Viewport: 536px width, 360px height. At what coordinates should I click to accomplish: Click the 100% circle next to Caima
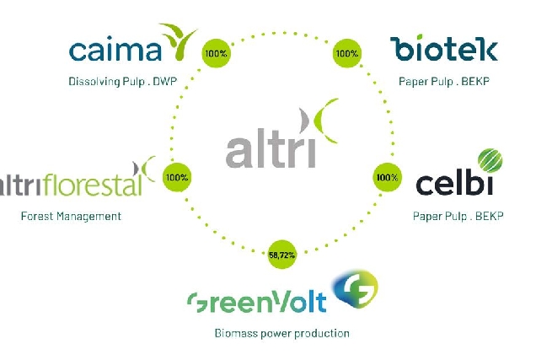(x=216, y=53)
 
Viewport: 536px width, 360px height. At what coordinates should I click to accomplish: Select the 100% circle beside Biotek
(x=346, y=53)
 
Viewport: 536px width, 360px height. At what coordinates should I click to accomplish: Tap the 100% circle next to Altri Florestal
(x=177, y=177)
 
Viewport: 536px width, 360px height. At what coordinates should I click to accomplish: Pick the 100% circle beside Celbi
(x=387, y=177)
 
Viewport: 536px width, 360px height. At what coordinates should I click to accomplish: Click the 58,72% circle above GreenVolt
(x=281, y=255)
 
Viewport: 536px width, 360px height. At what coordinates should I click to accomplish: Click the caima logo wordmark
(x=115, y=49)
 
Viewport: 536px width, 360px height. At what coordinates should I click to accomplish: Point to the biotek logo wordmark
(x=443, y=48)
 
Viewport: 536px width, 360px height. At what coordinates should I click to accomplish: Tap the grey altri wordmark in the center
(x=270, y=148)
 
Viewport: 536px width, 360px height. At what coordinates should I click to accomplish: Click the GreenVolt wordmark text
(x=256, y=302)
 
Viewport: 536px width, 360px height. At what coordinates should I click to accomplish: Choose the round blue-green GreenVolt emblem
(x=356, y=289)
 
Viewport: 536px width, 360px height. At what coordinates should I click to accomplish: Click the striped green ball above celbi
(x=490, y=160)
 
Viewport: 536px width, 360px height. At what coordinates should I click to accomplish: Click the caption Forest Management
(x=71, y=216)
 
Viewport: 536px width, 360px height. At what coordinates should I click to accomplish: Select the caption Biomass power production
(x=282, y=333)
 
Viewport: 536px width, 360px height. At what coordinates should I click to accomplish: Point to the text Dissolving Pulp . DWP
(x=123, y=82)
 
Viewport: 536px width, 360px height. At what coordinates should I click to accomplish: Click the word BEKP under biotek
(x=475, y=82)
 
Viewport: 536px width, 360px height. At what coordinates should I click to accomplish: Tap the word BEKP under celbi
(x=489, y=216)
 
